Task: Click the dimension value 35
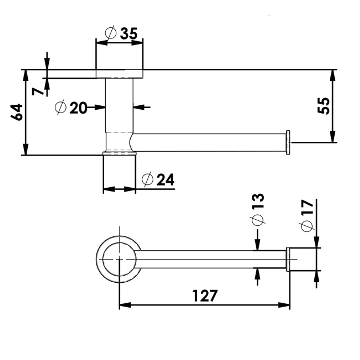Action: [x=129, y=34]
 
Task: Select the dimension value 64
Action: [x=17, y=112]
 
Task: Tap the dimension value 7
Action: [x=38, y=91]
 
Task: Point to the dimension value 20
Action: [x=78, y=108]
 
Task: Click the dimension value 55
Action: [x=323, y=106]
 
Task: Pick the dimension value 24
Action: [x=165, y=179]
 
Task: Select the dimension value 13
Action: [x=258, y=201]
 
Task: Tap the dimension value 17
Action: [x=307, y=207]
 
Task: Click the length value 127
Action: [x=205, y=296]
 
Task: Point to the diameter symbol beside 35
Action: [x=110, y=33]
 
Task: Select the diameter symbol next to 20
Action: [x=60, y=107]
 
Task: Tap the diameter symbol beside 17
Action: [x=307, y=226]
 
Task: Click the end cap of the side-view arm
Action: [x=288, y=142]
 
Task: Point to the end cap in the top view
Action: [x=288, y=259]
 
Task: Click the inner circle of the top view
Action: [x=103, y=259]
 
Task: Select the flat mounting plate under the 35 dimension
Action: [x=119, y=74]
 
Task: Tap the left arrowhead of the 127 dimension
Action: [x=125, y=305]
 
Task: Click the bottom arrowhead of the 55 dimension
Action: [x=333, y=137]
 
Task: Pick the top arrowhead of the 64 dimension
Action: [x=26, y=75]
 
